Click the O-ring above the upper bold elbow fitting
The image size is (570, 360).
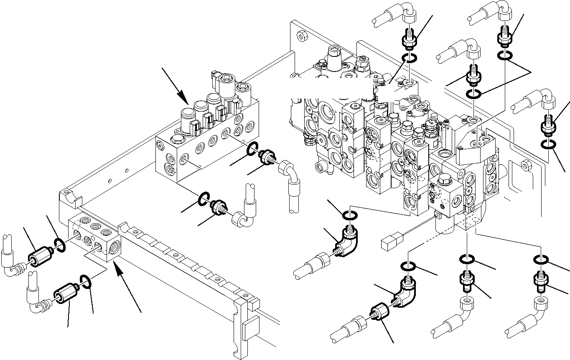[350, 215]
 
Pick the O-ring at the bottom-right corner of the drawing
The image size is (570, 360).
[541, 261]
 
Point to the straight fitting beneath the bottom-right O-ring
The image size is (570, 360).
[541, 281]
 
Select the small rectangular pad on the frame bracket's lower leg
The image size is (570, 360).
[249, 330]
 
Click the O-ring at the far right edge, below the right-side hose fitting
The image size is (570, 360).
[548, 145]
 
